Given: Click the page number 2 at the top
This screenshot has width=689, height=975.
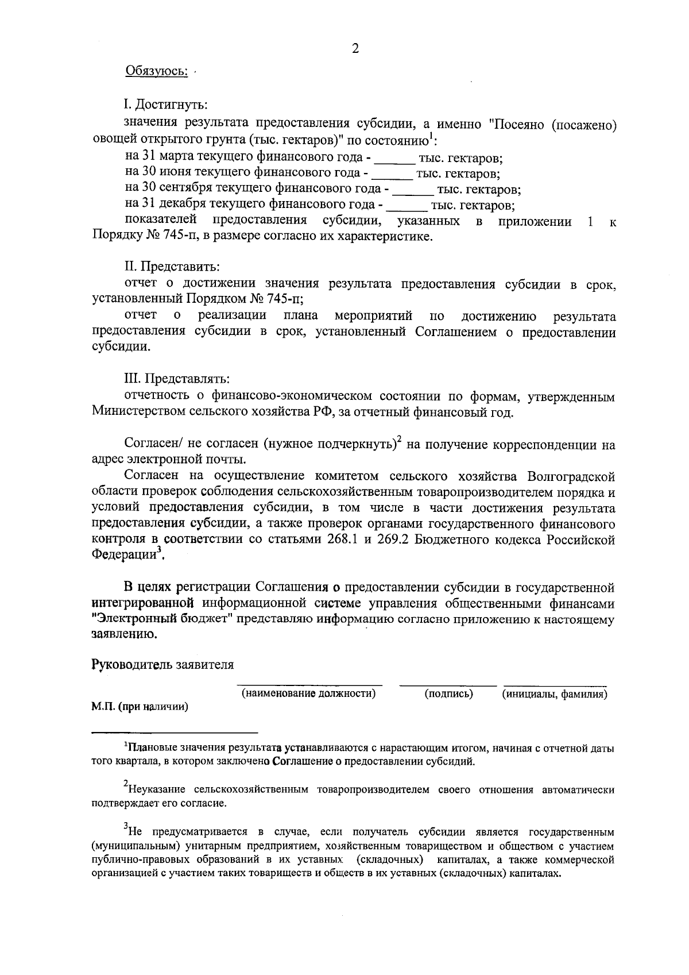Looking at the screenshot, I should click(355, 49).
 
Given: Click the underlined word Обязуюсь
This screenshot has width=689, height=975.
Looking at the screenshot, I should click(156, 71).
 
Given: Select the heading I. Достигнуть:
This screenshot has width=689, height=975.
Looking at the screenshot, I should click(165, 105).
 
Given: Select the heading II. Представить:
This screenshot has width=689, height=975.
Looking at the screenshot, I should click(172, 267).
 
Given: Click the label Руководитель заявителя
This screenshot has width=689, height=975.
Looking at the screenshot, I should click(163, 665).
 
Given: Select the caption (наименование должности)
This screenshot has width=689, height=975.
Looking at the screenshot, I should click(309, 694).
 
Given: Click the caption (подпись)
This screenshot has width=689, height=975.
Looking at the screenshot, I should click(448, 694).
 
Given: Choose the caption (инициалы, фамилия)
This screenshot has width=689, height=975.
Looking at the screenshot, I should click(555, 694).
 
